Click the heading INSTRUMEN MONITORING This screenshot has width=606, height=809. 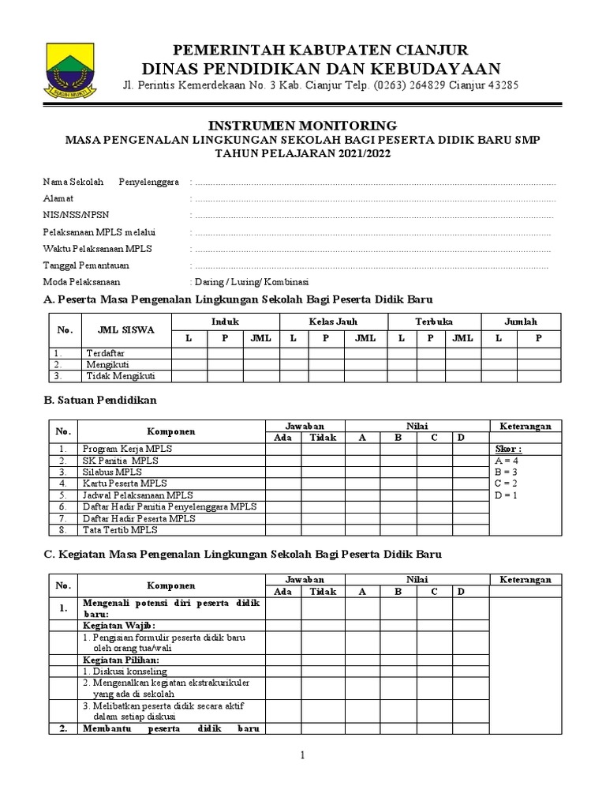[x=302, y=126]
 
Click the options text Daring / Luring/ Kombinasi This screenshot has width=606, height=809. [x=250, y=282]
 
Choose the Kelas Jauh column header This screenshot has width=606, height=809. [x=331, y=322]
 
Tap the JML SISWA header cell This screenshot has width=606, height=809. [x=125, y=329]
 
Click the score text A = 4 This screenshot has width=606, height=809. [x=506, y=460]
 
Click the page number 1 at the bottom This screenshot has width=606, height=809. [x=302, y=756]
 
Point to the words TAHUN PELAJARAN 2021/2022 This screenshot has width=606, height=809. [x=302, y=154]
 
